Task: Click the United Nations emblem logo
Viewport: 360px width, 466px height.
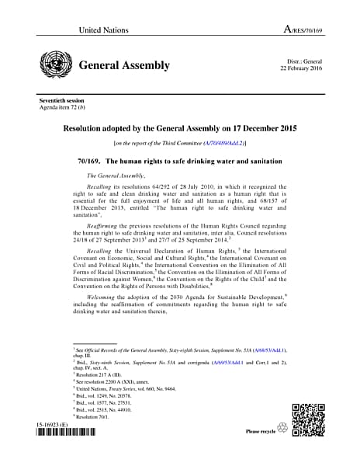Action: coord(54,64)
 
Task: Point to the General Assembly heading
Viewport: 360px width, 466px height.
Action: coord(124,64)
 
